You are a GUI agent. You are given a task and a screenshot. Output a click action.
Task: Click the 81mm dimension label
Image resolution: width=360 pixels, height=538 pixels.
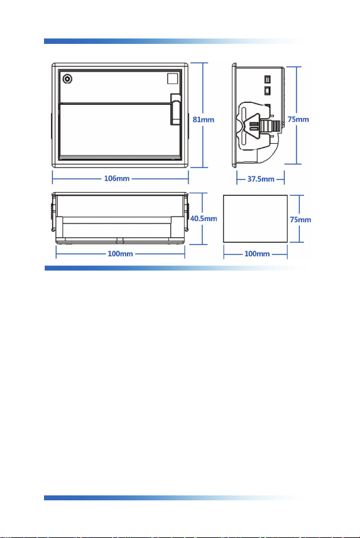click(x=204, y=119)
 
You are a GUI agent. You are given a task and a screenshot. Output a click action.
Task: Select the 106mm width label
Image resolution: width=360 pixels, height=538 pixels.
click(x=117, y=178)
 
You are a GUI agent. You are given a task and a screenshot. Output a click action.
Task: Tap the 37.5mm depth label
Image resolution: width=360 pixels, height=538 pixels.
click(x=261, y=179)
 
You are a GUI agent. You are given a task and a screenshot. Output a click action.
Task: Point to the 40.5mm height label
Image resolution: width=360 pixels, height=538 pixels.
click(x=204, y=218)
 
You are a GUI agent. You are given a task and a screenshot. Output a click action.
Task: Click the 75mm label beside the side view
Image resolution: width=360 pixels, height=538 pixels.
click(x=298, y=119)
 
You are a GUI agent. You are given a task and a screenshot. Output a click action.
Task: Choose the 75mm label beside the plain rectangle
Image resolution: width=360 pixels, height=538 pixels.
click(x=300, y=220)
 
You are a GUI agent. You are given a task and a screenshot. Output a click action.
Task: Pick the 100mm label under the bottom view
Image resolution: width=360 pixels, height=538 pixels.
click(x=120, y=254)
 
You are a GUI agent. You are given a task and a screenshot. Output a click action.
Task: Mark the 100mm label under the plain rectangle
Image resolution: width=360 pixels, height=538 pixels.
click(x=257, y=254)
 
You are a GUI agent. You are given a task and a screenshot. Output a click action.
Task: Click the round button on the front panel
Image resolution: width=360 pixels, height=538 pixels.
click(x=67, y=79)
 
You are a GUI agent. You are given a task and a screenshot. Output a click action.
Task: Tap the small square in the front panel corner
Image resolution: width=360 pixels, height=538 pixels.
click(x=173, y=78)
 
